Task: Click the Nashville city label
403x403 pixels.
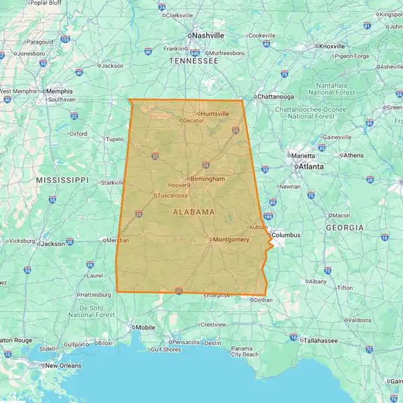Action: pyautogui.click(x=208, y=35)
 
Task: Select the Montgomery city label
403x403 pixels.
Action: pyautogui.click(x=231, y=239)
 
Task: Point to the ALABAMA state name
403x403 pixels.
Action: pyautogui.click(x=194, y=212)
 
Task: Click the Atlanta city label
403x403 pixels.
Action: pyautogui.click(x=310, y=166)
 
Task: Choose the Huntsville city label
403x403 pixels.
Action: pyautogui.click(x=214, y=114)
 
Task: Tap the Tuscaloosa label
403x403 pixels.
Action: pyautogui.click(x=173, y=195)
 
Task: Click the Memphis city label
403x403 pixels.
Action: pyautogui.click(x=58, y=90)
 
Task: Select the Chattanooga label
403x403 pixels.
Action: pyautogui.click(x=275, y=96)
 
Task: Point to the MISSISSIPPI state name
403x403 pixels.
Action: pyautogui.click(x=62, y=180)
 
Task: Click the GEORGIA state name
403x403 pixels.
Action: pyautogui.click(x=345, y=228)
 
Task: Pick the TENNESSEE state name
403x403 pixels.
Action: pyautogui.click(x=193, y=60)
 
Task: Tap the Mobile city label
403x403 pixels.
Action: pyautogui.click(x=146, y=327)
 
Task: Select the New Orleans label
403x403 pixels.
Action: pyautogui.click(x=64, y=365)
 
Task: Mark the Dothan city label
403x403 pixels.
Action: pyautogui.click(x=263, y=300)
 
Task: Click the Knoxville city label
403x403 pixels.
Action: pyautogui.click(x=332, y=46)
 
